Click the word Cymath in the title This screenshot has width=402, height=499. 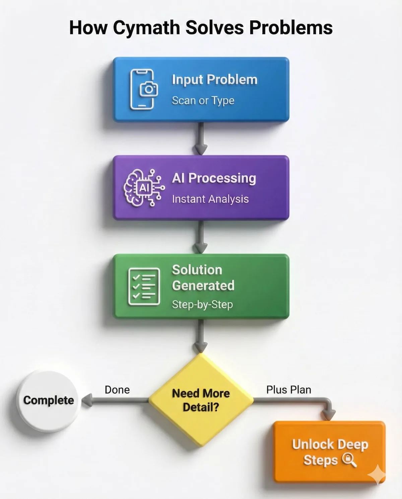pyautogui.click(x=146, y=28)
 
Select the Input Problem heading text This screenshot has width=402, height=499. pyautogui.click(x=214, y=80)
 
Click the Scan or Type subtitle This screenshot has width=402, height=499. pyautogui.click(x=203, y=100)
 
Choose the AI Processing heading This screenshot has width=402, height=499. pyautogui.click(x=214, y=178)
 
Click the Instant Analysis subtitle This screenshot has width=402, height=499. pyautogui.click(x=210, y=199)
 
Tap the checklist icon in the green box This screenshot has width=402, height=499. pyautogui.click(x=144, y=286)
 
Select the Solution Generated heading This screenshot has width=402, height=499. pyautogui.click(x=203, y=278)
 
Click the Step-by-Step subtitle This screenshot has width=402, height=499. pyautogui.click(x=202, y=304)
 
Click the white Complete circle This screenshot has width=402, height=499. pyautogui.click(x=49, y=400)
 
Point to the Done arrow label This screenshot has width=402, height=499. pyautogui.click(x=117, y=390)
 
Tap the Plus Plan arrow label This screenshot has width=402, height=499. pyautogui.click(x=288, y=390)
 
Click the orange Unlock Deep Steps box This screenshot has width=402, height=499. pyautogui.click(x=330, y=451)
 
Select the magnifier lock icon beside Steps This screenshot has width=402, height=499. pyautogui.click(x=349, y=460)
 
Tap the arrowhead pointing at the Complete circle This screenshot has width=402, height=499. pyautogui.click(x=87, y=400)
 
